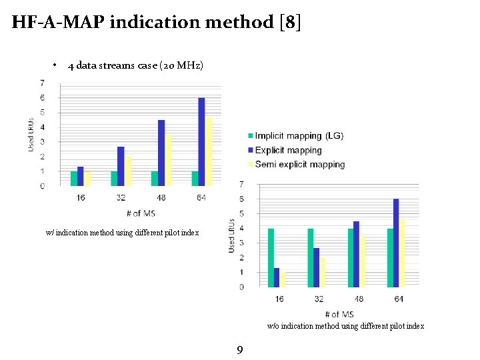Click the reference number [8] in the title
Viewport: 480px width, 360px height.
pos(289,22)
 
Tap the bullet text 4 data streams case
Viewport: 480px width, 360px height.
pos(136,65)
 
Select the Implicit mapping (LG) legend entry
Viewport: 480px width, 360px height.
pos(299,136)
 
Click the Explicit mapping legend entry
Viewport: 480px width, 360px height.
pos(288,150)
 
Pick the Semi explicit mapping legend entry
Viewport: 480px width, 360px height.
pos(299,165)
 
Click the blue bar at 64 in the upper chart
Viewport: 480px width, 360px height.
pos(201,141)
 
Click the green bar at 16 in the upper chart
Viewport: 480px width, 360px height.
pos(74,179)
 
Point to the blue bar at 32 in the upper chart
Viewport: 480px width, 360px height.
pos(121,166)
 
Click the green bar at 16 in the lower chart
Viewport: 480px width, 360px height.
pos(271,258)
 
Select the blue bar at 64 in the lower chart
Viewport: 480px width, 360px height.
pos(396,243)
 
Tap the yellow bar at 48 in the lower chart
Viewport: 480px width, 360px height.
pos(363,261)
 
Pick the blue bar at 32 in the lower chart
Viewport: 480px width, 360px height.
pos(316,267)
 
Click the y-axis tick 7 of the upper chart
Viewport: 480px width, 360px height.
pos(43,83)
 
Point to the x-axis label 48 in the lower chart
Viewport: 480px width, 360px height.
pos(359,299)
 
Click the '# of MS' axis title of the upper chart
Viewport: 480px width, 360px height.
pos(141,213)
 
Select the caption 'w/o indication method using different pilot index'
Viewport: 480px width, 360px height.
pos(345,326)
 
